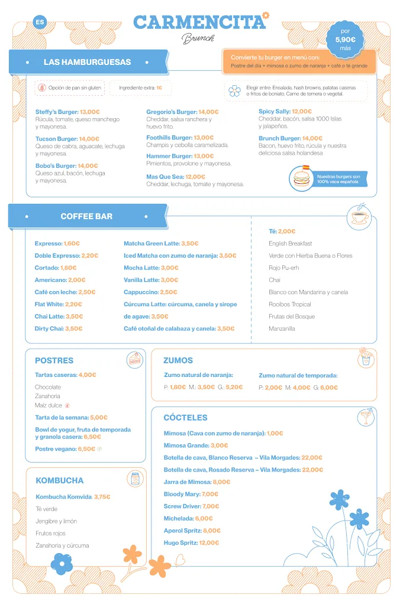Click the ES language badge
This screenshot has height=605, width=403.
coord(40,22)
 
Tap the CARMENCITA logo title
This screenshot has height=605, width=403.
coord(199,22)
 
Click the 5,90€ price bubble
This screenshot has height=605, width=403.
coord(345,40)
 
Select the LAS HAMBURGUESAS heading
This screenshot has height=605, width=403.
coord(87,62)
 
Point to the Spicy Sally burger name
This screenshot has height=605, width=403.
coord(274,111)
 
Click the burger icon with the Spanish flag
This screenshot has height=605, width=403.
coord(302,177)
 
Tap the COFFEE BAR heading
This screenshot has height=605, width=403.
coord(86,216)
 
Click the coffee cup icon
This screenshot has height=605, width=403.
coord(359,216)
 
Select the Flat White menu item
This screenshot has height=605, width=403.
coord(49,304)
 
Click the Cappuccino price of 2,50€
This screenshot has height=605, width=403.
coord(168,292)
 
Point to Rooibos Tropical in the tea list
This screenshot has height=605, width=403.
coord(290,304)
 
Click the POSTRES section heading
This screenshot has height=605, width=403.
coord(54,360)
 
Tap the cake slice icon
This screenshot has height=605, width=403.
coord(135,360)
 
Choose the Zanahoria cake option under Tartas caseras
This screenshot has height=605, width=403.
coord(47,396)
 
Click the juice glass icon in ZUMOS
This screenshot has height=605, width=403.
coord(366,359)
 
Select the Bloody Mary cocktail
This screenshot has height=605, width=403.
coord(182,494)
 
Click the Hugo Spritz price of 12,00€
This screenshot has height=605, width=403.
coord(209,542)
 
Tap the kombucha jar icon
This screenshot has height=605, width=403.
coord(135,479)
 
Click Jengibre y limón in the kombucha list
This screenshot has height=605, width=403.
coord(56,521)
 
